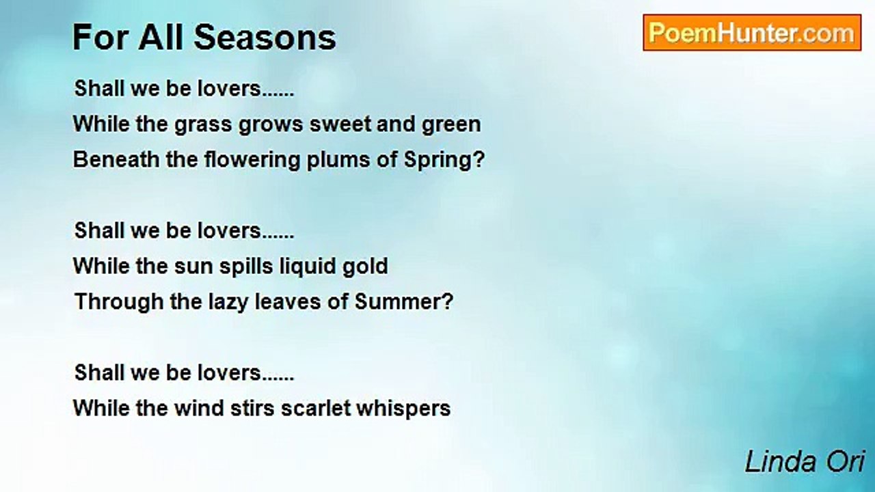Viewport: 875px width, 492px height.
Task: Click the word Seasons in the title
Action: (x=265, y=38)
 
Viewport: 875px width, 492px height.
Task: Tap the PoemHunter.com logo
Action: (x=752, y=33)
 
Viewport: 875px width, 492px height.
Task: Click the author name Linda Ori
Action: (x=805, y=463)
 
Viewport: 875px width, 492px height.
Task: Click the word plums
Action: (x=338, y=161)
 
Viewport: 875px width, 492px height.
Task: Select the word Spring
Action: (x=438, y=161)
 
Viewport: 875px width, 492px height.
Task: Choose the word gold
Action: (x=365, y=267)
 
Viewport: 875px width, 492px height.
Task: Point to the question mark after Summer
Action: (x=448, y=302)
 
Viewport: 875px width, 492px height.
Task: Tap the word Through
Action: (x=119, y=303)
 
